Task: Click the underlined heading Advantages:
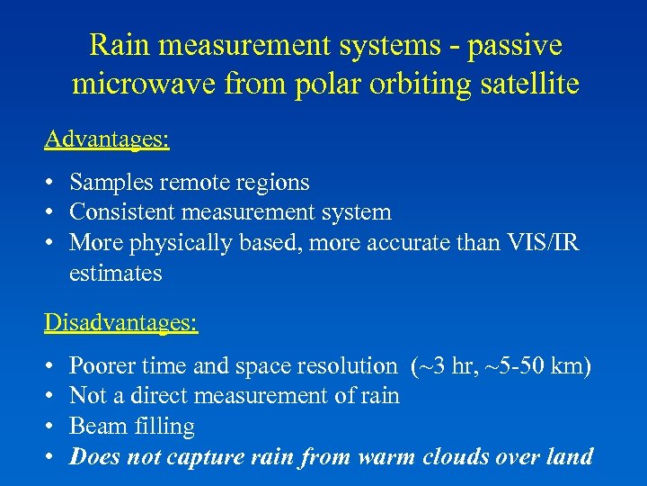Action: pos(108,139)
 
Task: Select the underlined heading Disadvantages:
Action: pos(121,322)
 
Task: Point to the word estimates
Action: pos(115,273)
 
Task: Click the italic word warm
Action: pos(386,456)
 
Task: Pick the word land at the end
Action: pos(571,456)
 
